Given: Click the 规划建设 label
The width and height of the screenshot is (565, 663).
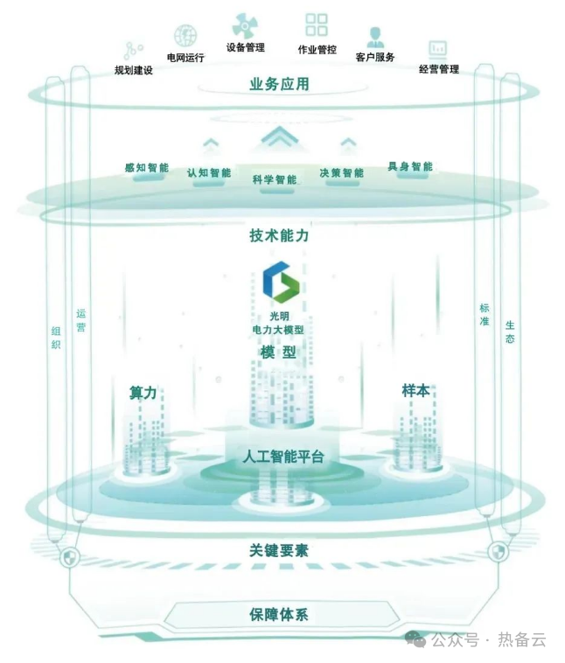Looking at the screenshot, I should click(134, 70).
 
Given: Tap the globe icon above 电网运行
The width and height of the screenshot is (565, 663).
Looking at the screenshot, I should click(185, 36).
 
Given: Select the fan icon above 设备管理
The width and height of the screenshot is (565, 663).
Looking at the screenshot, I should click(245, 24).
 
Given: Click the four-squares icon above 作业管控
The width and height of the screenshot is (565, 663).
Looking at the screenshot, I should click(317, 24).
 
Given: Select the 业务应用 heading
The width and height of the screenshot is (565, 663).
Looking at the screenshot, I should click(279, 85).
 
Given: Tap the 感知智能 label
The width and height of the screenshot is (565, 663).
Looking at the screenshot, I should click(146, 167).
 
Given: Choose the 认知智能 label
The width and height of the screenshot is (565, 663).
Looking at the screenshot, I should click(209, 172).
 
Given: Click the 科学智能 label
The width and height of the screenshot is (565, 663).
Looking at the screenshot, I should click(275, 179).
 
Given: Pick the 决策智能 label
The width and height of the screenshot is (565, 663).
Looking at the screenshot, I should click(341, 172).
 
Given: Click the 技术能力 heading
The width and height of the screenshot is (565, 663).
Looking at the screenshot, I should click(279, 236).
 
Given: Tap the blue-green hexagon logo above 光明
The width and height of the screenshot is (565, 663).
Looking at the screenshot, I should click(279, 282).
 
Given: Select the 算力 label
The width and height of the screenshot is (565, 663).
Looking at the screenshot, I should click(143, 394).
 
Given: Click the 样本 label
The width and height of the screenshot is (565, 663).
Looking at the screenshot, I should click(415, 390).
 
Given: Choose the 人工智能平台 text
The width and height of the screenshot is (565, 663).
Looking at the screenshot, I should click(283, 457).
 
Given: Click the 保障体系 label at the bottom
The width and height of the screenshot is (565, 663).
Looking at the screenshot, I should click(279, 614).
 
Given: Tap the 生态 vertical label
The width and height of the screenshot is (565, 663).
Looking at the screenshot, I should click(509, 331).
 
